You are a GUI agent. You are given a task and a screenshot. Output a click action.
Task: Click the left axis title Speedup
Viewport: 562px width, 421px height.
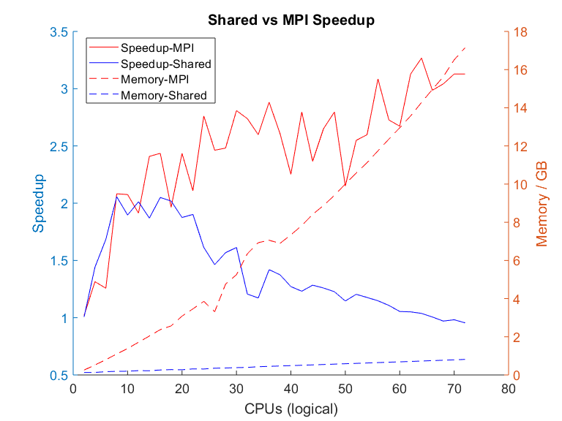click(x=39, y=203)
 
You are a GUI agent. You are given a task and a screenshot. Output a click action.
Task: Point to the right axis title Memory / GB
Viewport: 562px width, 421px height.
click(x=542, y=203)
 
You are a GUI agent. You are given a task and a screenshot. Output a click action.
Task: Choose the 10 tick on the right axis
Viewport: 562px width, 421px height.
click(x=521, y=185)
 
